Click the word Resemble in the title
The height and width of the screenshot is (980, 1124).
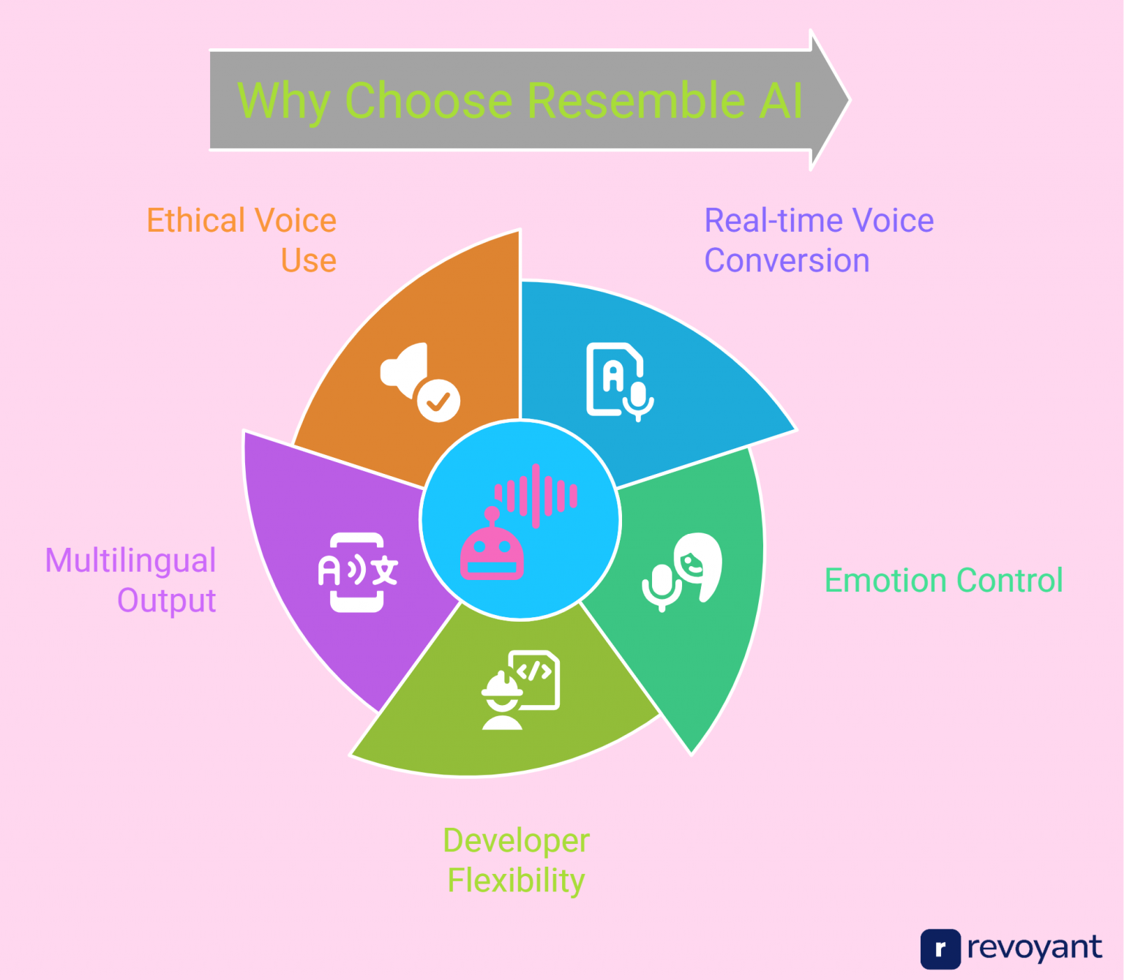pyautogui.click(x=634, y=100)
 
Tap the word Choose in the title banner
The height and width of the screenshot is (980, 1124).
pyautogui.click(x=428, y=100)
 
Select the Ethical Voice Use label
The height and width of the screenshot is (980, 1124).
pyautogui.click(x=241, y=240)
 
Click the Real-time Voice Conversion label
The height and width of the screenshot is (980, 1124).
pyautogui.click(x=818, y=240)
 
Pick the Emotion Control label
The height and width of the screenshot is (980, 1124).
pyautogui.click(x=943, y=580)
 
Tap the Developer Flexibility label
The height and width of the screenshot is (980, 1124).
pyautogui.click(x=516, y=860)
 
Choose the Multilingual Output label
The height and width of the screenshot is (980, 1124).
pyautogui.click(x=132, y=580)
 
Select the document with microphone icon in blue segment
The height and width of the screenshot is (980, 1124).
pyautogui.click(x=619, y=381)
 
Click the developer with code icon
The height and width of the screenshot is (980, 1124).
pyautogui.click(x=520, y=690)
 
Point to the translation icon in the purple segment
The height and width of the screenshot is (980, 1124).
pyautogui.click(x=357, y=572)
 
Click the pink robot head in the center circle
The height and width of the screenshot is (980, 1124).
pyautogui.click(x=492, y=553)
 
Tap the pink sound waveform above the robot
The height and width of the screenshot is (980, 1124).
pyautogui.click(x=536, y=495)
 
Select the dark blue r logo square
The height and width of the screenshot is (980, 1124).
pyautogui.click(x=940, y=949)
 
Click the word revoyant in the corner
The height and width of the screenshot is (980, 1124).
pyautogui.click(x=1034, y=948)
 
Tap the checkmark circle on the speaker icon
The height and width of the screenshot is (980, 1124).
pyautogui.click(x=438, y=400)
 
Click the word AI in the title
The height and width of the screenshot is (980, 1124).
pyautogui.click(x=781, y=100)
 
